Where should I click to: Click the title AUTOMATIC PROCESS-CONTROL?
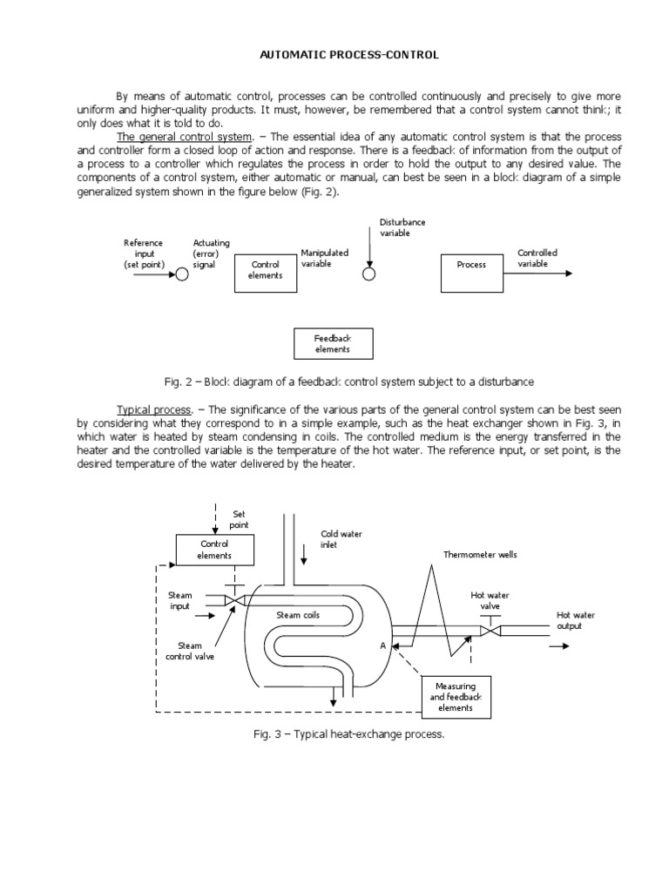(x=349, y=55)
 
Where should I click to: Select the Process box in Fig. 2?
(x=471, y=264)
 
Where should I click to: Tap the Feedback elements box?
(x=332, y=343)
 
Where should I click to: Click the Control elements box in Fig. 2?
(x=266, y=270)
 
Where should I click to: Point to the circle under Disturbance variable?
(x=369, y=274)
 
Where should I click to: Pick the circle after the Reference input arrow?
(x=182, y=274)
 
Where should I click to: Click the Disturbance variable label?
(x=402, y=227)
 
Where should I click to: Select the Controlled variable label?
(x=537, y=259)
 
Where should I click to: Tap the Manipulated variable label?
(x=325, y=258)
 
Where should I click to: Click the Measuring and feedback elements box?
(x=456, y=697)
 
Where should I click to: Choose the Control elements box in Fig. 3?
(x=214, y=550)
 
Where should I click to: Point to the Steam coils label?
(x=298, y=615)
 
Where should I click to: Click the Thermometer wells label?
(x=480, y=554)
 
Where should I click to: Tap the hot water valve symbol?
(x=490, y=629)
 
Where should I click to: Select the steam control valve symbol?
(x=233, y=600)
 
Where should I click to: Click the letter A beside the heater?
(x=382, y=646)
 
